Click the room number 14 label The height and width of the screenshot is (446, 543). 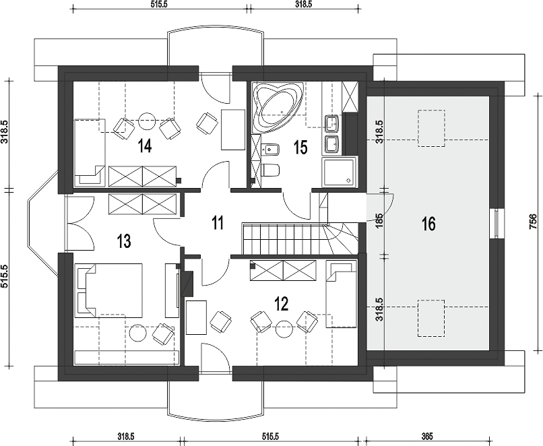(145, 145)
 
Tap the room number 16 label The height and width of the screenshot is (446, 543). (428, 224)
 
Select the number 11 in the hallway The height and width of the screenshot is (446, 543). (218, 222)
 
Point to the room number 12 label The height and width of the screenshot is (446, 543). (281, 304)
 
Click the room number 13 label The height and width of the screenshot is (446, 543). (124, 241)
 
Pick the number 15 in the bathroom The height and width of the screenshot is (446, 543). (300, 147)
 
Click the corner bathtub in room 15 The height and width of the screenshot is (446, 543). (278, 107)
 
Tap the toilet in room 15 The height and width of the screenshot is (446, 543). (271, 170)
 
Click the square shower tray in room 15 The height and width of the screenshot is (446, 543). (339, 172)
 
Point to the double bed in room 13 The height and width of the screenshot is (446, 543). (108, 290)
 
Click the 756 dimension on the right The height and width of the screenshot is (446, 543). (534, 222)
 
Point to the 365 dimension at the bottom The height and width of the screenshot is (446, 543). (427, 436)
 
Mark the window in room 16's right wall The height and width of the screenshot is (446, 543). (497, 224)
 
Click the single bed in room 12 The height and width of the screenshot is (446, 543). (341, 294)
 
